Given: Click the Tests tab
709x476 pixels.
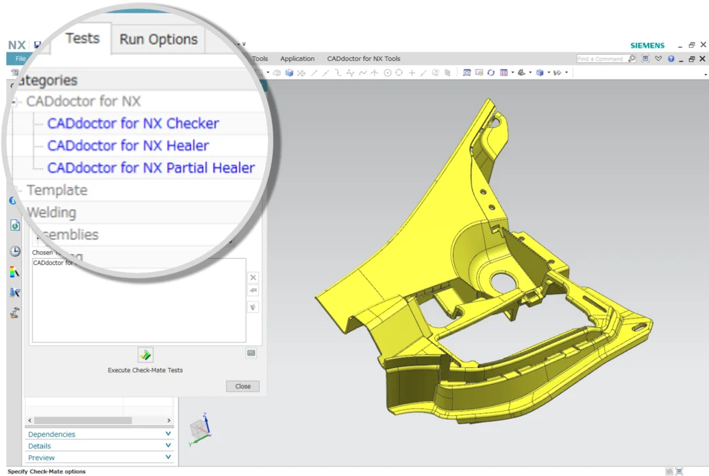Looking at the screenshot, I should (82, 39).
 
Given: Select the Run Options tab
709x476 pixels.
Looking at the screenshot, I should (159, 40).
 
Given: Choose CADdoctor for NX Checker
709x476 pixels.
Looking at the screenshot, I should (133, 124).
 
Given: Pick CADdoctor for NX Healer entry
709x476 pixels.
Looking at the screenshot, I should (128, 146).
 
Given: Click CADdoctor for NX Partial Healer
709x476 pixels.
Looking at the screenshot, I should (151, 168).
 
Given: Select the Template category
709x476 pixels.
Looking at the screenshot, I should (57, 190).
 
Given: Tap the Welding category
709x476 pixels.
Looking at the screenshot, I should (51, 212).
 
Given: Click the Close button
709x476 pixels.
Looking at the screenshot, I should (242, 386).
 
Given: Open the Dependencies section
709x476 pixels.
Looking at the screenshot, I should (52, 434).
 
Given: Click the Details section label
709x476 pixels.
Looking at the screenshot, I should (39, 446).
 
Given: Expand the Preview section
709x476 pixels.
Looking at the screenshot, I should (42, 458).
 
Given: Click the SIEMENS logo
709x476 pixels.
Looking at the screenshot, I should (647, 46).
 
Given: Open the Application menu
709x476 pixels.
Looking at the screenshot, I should (297, 59).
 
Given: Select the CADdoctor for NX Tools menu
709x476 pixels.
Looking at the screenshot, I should (364, 59).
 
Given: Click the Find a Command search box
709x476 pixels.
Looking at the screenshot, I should (601, 59).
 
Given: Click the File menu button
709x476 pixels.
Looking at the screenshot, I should (21, 59).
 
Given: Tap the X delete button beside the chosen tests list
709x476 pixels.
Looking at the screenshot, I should (252, 277).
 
